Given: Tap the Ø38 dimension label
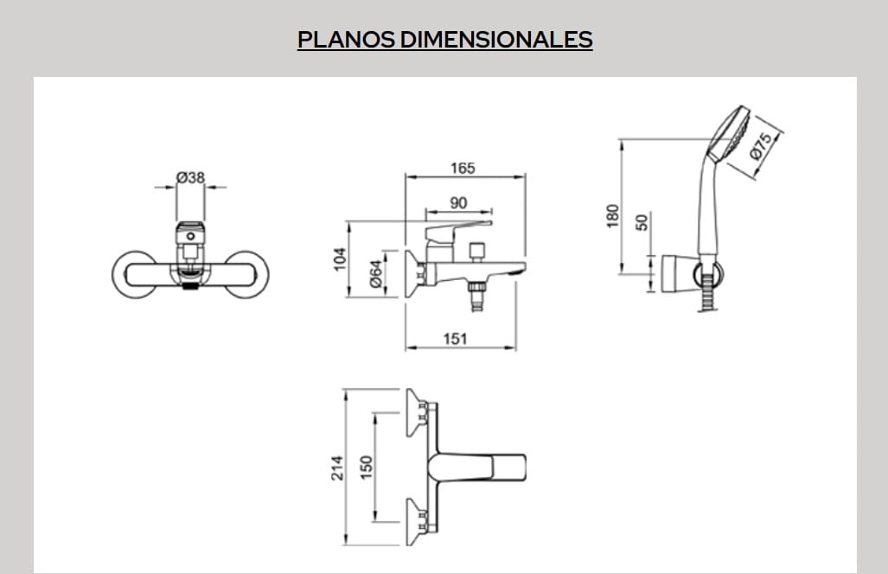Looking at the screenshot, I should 190,176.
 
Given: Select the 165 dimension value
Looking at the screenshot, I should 463,169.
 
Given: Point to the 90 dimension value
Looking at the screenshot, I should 458,203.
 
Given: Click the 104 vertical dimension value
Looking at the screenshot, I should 340,258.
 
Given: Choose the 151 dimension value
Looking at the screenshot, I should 456,339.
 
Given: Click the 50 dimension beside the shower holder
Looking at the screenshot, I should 642,222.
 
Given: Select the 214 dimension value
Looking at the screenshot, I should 338,468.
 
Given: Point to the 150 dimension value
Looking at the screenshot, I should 367,468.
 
